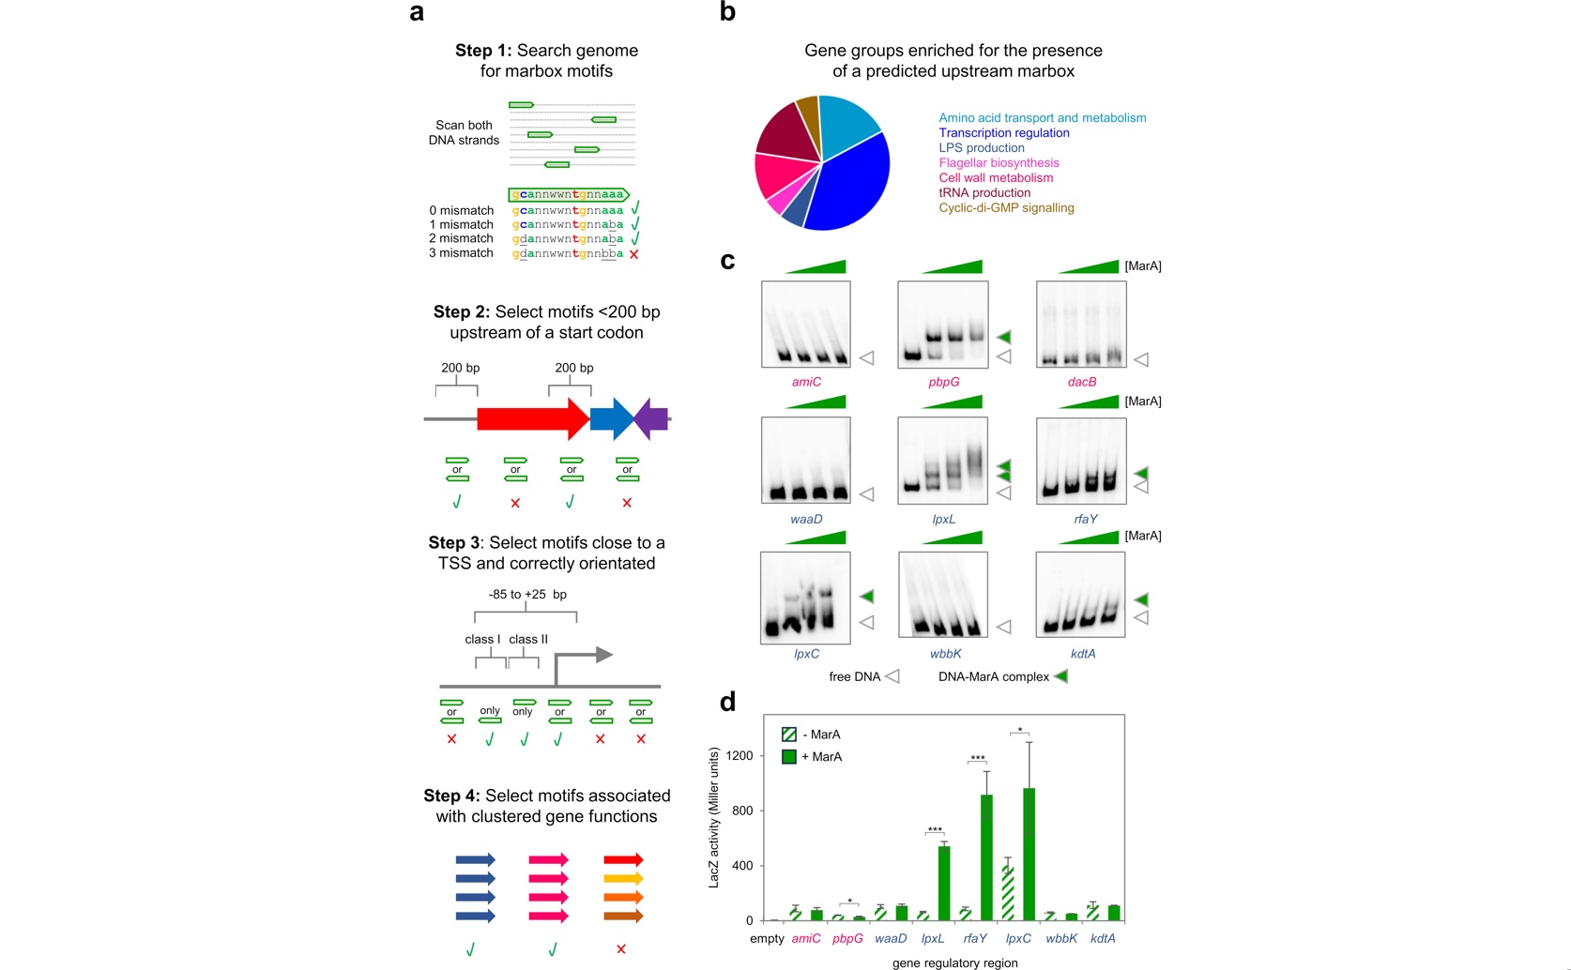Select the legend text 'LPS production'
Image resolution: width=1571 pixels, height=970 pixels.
[982, 148]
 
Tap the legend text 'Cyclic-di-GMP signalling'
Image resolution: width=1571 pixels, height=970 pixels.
[1006, 208]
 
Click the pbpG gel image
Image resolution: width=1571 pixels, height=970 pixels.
[943, 325]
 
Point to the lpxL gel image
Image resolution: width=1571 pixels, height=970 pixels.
[943, 461]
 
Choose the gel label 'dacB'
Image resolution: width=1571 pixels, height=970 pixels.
[1081, 382]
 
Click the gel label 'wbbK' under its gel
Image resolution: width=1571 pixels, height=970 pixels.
[945, 654]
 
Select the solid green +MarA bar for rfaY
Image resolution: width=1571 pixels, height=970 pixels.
[986, 857]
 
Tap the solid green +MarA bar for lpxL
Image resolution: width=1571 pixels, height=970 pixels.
[944, 883]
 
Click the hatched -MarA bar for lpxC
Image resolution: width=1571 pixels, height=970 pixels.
[1008, 893]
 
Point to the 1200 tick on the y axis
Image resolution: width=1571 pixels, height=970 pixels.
[740, 755]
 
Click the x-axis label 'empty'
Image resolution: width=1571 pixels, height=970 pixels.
[767, 938]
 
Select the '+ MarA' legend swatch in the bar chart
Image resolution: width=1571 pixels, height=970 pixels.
[789, 757]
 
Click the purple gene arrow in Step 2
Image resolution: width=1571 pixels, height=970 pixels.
[651, 419]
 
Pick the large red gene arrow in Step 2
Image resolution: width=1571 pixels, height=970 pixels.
[534, 419]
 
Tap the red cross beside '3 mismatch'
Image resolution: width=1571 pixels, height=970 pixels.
[634, 254]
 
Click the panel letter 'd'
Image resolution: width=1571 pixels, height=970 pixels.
[728, 701]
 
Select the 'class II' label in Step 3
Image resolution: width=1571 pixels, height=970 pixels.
[528, 639]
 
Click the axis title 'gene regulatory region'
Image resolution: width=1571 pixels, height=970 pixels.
[954, 963]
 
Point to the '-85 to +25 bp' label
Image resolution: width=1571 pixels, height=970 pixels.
[527, 595]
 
